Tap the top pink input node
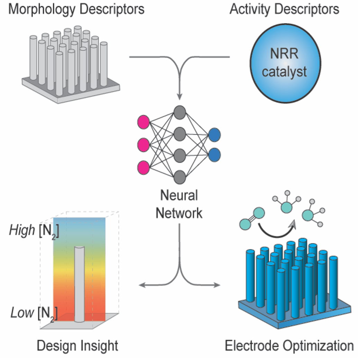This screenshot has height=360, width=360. tap(143, 122)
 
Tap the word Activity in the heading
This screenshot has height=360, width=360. tap(249, 9)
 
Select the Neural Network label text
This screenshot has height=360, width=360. tap(179, 204)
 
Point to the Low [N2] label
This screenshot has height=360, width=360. tap(34, 313)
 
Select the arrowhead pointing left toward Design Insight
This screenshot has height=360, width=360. tap(141, 285)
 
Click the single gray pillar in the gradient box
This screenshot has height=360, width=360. tap(80, 284)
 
